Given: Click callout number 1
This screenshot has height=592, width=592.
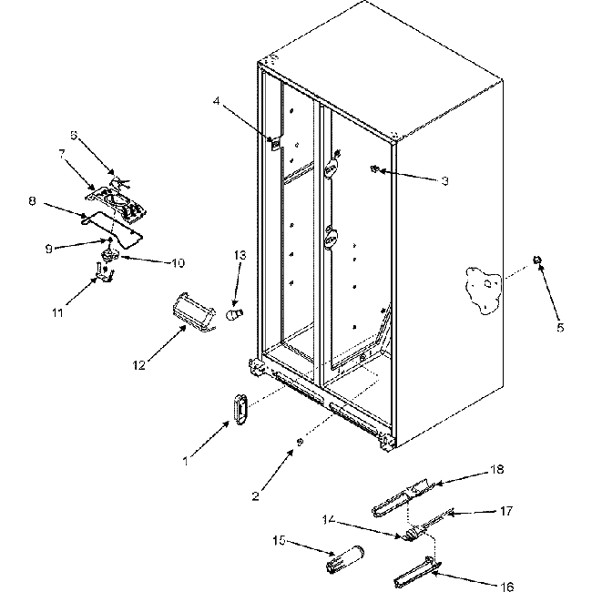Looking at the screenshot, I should [x=186, y=462].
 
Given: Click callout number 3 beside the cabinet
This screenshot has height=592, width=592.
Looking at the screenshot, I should [x=444, y=181].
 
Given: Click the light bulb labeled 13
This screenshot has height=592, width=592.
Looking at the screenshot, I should [x=234, y=312].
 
